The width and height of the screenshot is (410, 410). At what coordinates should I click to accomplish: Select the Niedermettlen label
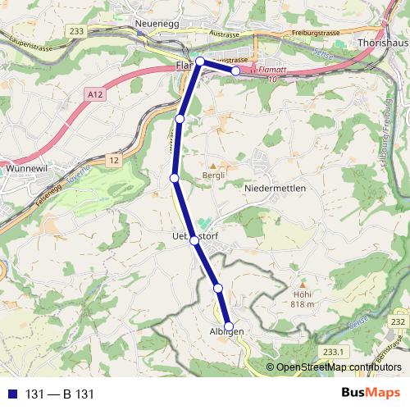point(276,189)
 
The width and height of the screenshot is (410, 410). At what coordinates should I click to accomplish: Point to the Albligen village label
point(226,331)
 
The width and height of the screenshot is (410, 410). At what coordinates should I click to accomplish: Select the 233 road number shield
point(76,31)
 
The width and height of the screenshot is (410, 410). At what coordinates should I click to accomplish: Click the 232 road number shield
point(398,323)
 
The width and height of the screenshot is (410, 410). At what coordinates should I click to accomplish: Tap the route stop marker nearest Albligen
point(229,325)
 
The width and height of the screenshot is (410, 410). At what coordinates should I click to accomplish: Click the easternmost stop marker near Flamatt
point(236,71)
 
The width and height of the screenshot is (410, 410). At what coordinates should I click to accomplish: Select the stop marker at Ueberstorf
point(194,240)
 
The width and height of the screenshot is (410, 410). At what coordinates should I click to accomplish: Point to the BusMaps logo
point(371,394)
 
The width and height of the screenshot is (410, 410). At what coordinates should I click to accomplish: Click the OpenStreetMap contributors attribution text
point(336,367)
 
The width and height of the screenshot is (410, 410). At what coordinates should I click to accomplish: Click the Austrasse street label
point(224,34)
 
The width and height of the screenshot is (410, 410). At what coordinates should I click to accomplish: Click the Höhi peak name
point(302,293)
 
